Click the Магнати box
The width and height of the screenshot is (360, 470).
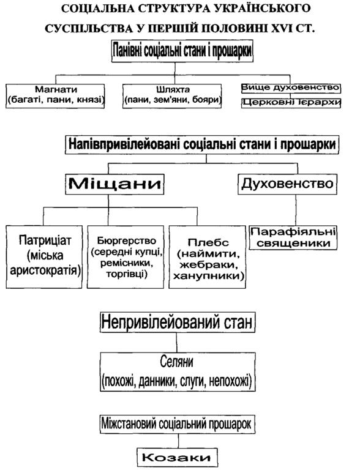click(x=55, y=96)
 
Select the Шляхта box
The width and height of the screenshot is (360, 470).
click(x=172, y=96)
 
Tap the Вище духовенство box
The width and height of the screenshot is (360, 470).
click(x=291, y=88)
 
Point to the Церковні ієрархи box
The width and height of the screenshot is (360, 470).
click(x=291, y=103)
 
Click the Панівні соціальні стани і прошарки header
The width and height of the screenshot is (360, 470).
click(x=182, y=51)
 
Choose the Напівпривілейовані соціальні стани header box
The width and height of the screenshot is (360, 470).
click(x=202, y=145)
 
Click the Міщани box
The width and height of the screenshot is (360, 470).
click(x=115, y=184)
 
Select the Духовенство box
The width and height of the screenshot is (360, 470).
click(x=287, y=184)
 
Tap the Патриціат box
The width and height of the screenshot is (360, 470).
click(x=44, y=257)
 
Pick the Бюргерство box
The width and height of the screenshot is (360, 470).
click(x=126, y=257)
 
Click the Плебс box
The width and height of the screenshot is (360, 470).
click(x=208, y=257)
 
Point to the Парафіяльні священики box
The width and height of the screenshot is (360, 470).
click(x=293, y=237)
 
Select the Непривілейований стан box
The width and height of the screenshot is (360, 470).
click(x=178, y=323)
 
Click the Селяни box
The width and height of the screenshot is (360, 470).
click(x=178, y=372)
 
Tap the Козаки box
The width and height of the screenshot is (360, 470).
click(x=178, y=457)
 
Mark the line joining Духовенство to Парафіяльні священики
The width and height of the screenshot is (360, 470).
click(x=296, y=210)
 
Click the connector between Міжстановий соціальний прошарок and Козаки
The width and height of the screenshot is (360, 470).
click(x=178, y=441)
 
